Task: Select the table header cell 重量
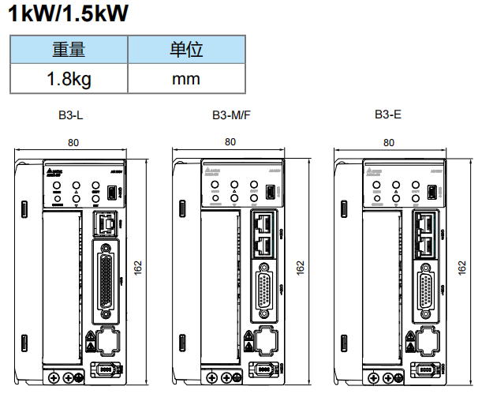point(69,51)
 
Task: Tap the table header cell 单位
point(186,51)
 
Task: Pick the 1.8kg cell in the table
point(69,79)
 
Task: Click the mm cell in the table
point(186,79)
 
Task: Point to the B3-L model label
point(71,115)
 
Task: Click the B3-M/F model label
point(231,115)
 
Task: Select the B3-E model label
point(387,115)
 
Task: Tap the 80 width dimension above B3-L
point(73,143)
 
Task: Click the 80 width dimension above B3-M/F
point(230,142)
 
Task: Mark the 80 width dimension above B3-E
point(388,143)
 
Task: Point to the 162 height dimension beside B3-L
point(139,268)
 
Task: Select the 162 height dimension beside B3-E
point(462,268)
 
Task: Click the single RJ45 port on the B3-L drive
point(105,224)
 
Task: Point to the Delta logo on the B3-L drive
point(54,171)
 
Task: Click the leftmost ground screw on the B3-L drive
point(54,379)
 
